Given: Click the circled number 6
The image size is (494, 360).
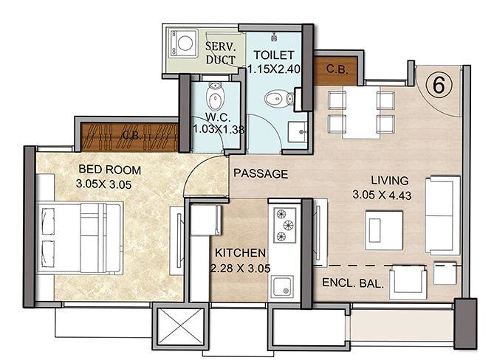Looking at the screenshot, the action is [439, 85].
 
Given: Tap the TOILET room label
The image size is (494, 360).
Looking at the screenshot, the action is [274, 55].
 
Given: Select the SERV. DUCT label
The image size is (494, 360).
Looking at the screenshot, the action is [221, 53].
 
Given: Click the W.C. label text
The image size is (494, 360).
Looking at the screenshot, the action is [218, 117].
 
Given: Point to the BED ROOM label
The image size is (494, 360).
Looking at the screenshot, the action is [109, 170].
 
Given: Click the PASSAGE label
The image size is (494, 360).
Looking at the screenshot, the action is [261, 173].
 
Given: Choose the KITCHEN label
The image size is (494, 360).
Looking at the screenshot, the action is [240, 253].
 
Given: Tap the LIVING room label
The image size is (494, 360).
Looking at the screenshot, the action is [390, 180].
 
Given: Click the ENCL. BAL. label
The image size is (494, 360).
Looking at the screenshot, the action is [353, 283].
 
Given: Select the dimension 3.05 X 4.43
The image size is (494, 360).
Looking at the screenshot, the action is [382, 195].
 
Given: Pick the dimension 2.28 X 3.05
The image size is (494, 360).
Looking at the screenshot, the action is [240, 268].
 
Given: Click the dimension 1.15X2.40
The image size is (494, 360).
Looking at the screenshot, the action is [273, 69].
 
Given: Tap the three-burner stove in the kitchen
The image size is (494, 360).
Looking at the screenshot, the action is [284, 225].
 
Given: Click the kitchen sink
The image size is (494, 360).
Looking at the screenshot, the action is [282, 286].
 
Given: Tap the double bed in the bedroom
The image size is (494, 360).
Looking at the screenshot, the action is [80, 238].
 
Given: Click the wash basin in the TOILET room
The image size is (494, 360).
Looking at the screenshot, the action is [298, 132].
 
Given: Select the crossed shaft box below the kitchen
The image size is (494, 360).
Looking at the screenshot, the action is [180, 326].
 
